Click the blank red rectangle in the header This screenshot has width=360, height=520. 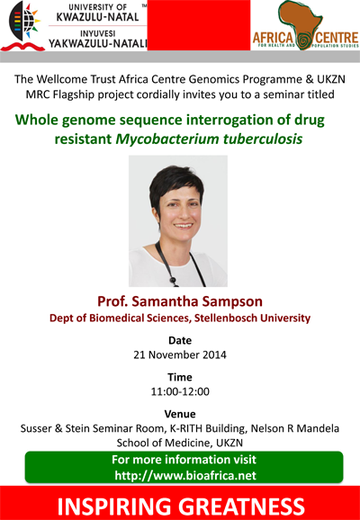click(199, 25)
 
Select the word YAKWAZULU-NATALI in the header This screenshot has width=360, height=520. click(98, 43)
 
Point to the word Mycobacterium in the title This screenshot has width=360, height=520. click(166, 139)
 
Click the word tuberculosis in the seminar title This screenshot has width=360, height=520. click(263, 139)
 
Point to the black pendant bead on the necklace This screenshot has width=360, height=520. click(173, 281)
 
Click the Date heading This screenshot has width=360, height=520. click(180, 341)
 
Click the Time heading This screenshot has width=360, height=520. click(180, 377)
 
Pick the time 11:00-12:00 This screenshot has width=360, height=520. click(180, 391)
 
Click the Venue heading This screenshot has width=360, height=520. click(180, 414)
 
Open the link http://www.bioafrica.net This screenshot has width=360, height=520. click(185, 476)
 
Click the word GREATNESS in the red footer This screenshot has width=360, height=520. click(241, 507)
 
